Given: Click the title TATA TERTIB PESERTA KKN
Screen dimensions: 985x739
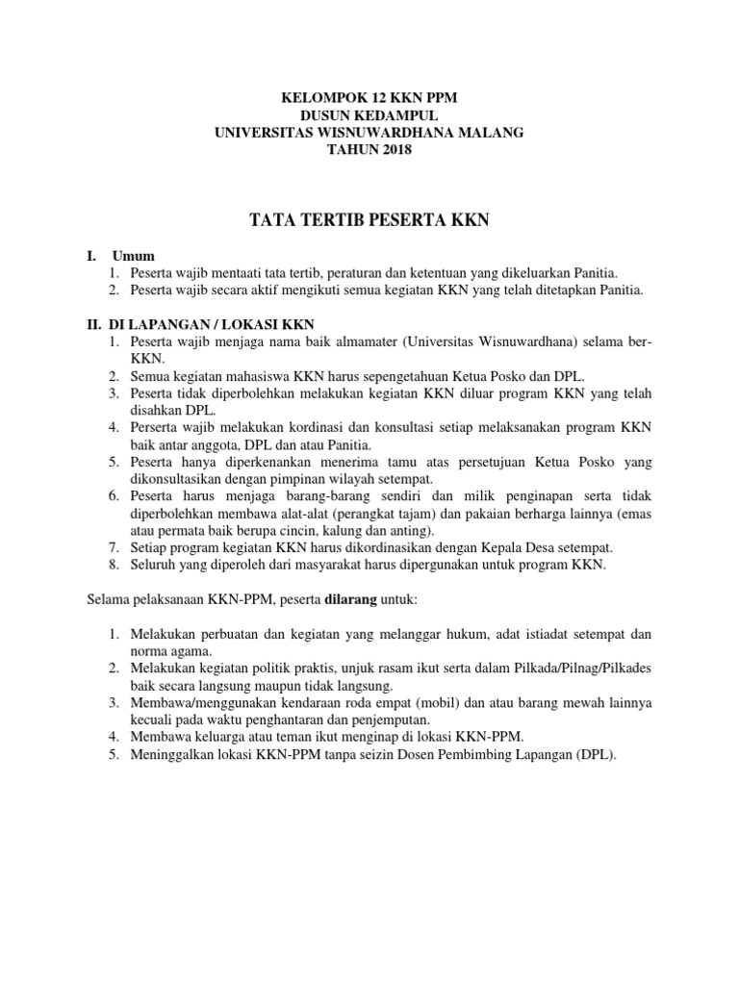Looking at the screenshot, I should coord(369,221).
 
